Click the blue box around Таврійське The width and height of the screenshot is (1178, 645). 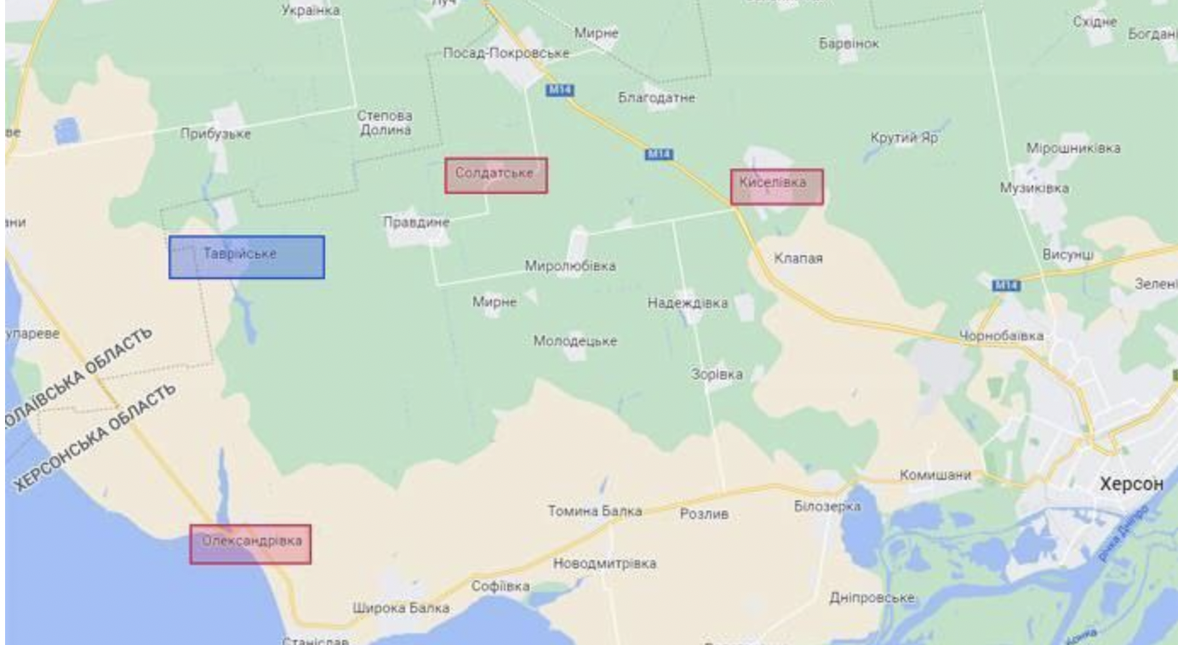pos(246,257)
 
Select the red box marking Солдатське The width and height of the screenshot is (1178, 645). pos(495,175)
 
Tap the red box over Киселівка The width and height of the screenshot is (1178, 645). pos(776,186)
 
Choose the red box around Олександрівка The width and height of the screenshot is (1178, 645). pos(250,544)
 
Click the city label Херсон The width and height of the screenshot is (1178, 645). pos(1130,484)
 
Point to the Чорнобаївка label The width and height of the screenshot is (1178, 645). pos(1001,336)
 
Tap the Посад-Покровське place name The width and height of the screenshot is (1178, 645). pos(506,54)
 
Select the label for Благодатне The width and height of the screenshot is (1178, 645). pos(656,98)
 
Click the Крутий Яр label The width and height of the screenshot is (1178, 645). pos(904,138)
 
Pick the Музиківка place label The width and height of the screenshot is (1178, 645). pos(1034,189)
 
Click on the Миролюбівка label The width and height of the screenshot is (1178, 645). pos(569,266)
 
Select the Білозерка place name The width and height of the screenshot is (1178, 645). pos(826,507)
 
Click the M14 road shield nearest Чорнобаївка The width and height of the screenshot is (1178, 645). pos(1006,286)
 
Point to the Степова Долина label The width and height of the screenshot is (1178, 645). pos(384,123)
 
